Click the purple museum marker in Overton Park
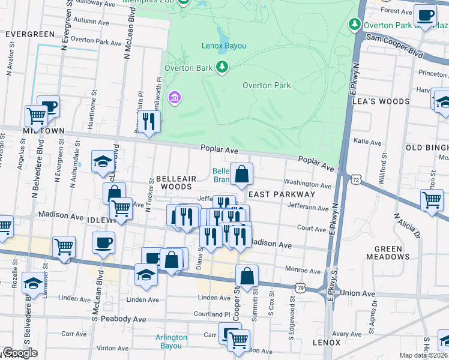[175, 97]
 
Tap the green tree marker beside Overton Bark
[223, 67]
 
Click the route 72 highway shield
[357, 179]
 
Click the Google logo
[20, 353]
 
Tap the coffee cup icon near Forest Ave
[426, 15]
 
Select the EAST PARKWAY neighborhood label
[282, 194]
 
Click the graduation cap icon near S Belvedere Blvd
[32, 281]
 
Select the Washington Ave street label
[307, 185]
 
